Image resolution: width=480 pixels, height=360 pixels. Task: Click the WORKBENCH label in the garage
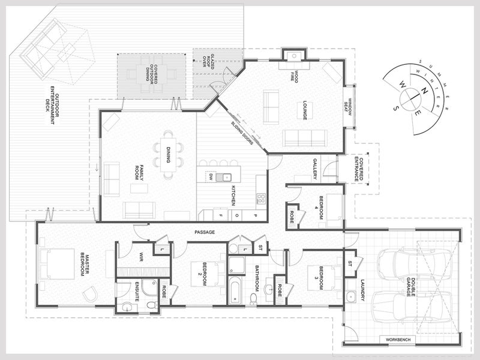(396, 340)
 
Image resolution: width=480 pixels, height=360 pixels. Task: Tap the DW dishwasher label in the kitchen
(211, 176)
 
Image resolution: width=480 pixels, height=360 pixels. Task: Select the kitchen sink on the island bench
(223, 177)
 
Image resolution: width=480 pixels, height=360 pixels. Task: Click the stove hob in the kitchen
(261, 199)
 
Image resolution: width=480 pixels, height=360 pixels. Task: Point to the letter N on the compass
(424, 91)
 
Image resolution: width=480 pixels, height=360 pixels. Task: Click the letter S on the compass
(396, 108)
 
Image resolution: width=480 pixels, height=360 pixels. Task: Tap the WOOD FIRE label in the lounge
(294, 76)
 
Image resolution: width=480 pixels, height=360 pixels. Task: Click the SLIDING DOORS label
(242, 133)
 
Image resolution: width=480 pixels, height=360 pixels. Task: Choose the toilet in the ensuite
(152, 305)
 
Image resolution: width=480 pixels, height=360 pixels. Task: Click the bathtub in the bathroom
(235, 290)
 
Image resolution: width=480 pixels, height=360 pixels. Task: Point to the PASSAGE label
(205, 232)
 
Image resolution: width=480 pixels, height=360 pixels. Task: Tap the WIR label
(141, 257)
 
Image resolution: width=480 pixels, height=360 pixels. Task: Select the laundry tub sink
(351, 296)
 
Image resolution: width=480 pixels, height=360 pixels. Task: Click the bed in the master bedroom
(57, 264)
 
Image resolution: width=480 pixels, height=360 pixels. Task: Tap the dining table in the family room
(168, 155)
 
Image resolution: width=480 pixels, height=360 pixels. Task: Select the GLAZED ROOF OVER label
(208, 65)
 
